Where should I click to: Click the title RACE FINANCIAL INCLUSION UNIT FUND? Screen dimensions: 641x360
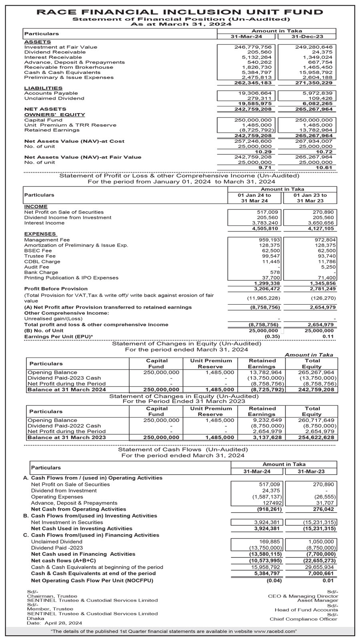(x=180, y=12)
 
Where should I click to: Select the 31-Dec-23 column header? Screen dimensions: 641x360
(x=307, y=36)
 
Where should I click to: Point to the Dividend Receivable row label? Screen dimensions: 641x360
(x=55, y=52)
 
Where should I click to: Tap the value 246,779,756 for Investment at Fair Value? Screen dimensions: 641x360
(x=253, y=47)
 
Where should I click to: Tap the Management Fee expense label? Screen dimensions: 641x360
(x=47, y=240)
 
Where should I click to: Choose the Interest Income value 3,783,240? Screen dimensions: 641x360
(x=266, y=223)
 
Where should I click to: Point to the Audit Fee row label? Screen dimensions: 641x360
(x=37, y=267)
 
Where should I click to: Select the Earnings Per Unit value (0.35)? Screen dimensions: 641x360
(x=272, y=336)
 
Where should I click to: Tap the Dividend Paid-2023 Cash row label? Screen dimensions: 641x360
(x=64, y=378)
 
